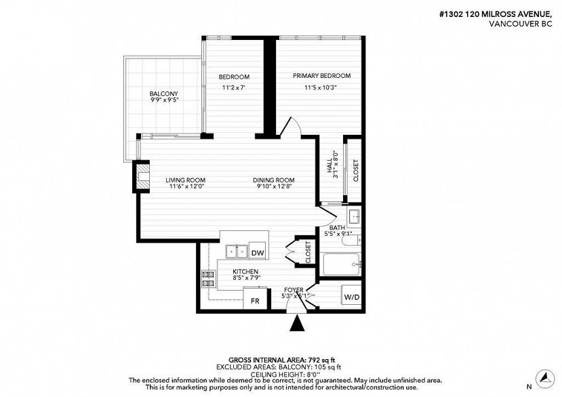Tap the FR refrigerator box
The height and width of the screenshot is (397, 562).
255,298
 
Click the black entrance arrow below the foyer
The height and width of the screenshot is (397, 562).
297,323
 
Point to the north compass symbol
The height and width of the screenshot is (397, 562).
545,377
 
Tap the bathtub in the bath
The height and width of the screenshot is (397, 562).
341,264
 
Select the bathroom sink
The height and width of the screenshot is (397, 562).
354,216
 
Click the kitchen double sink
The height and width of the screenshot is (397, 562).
237,251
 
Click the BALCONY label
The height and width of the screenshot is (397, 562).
164,94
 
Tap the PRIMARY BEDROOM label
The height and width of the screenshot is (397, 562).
322,76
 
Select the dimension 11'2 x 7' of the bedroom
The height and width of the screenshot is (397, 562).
233,87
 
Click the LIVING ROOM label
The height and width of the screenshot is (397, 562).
185,180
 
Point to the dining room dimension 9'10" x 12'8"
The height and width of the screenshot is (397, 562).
274,186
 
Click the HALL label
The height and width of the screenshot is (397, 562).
329,166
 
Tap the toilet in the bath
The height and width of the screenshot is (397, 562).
351,240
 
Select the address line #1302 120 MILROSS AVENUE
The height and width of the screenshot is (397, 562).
496,14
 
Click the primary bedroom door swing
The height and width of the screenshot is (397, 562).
291,127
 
